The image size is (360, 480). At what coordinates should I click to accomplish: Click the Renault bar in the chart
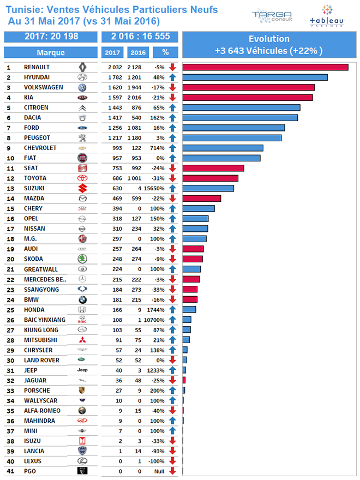point(265,67)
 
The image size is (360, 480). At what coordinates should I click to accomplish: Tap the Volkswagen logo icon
point(82,87)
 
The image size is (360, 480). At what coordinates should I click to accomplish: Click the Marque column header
point(51,53)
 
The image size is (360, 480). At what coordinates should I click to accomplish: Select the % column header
point(165,53)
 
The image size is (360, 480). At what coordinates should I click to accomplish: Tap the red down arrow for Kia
point(172,98)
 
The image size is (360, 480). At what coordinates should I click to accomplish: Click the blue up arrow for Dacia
point(172,118)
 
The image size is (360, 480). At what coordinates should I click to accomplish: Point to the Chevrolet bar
point(223,148)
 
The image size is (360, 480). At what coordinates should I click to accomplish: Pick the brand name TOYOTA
point(35,178)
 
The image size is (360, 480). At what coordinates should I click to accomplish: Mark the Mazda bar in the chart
point(201,199)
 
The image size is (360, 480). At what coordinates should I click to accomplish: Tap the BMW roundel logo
point(82,299)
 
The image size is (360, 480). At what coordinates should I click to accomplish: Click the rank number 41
point(9,471)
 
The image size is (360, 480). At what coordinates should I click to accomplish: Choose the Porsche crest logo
point(82,391)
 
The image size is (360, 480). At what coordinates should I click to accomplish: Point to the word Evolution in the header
point(269,39)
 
